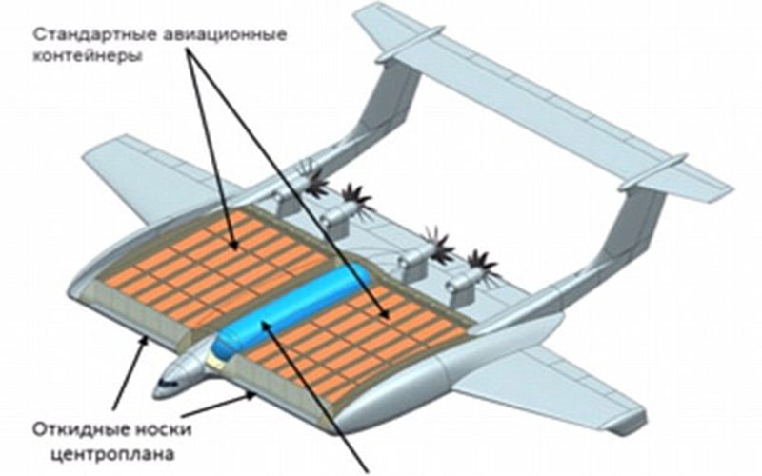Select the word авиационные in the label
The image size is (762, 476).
pos(224,35)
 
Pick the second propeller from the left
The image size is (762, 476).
pos(356,200)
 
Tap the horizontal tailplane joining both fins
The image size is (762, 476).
pos(542,102)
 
